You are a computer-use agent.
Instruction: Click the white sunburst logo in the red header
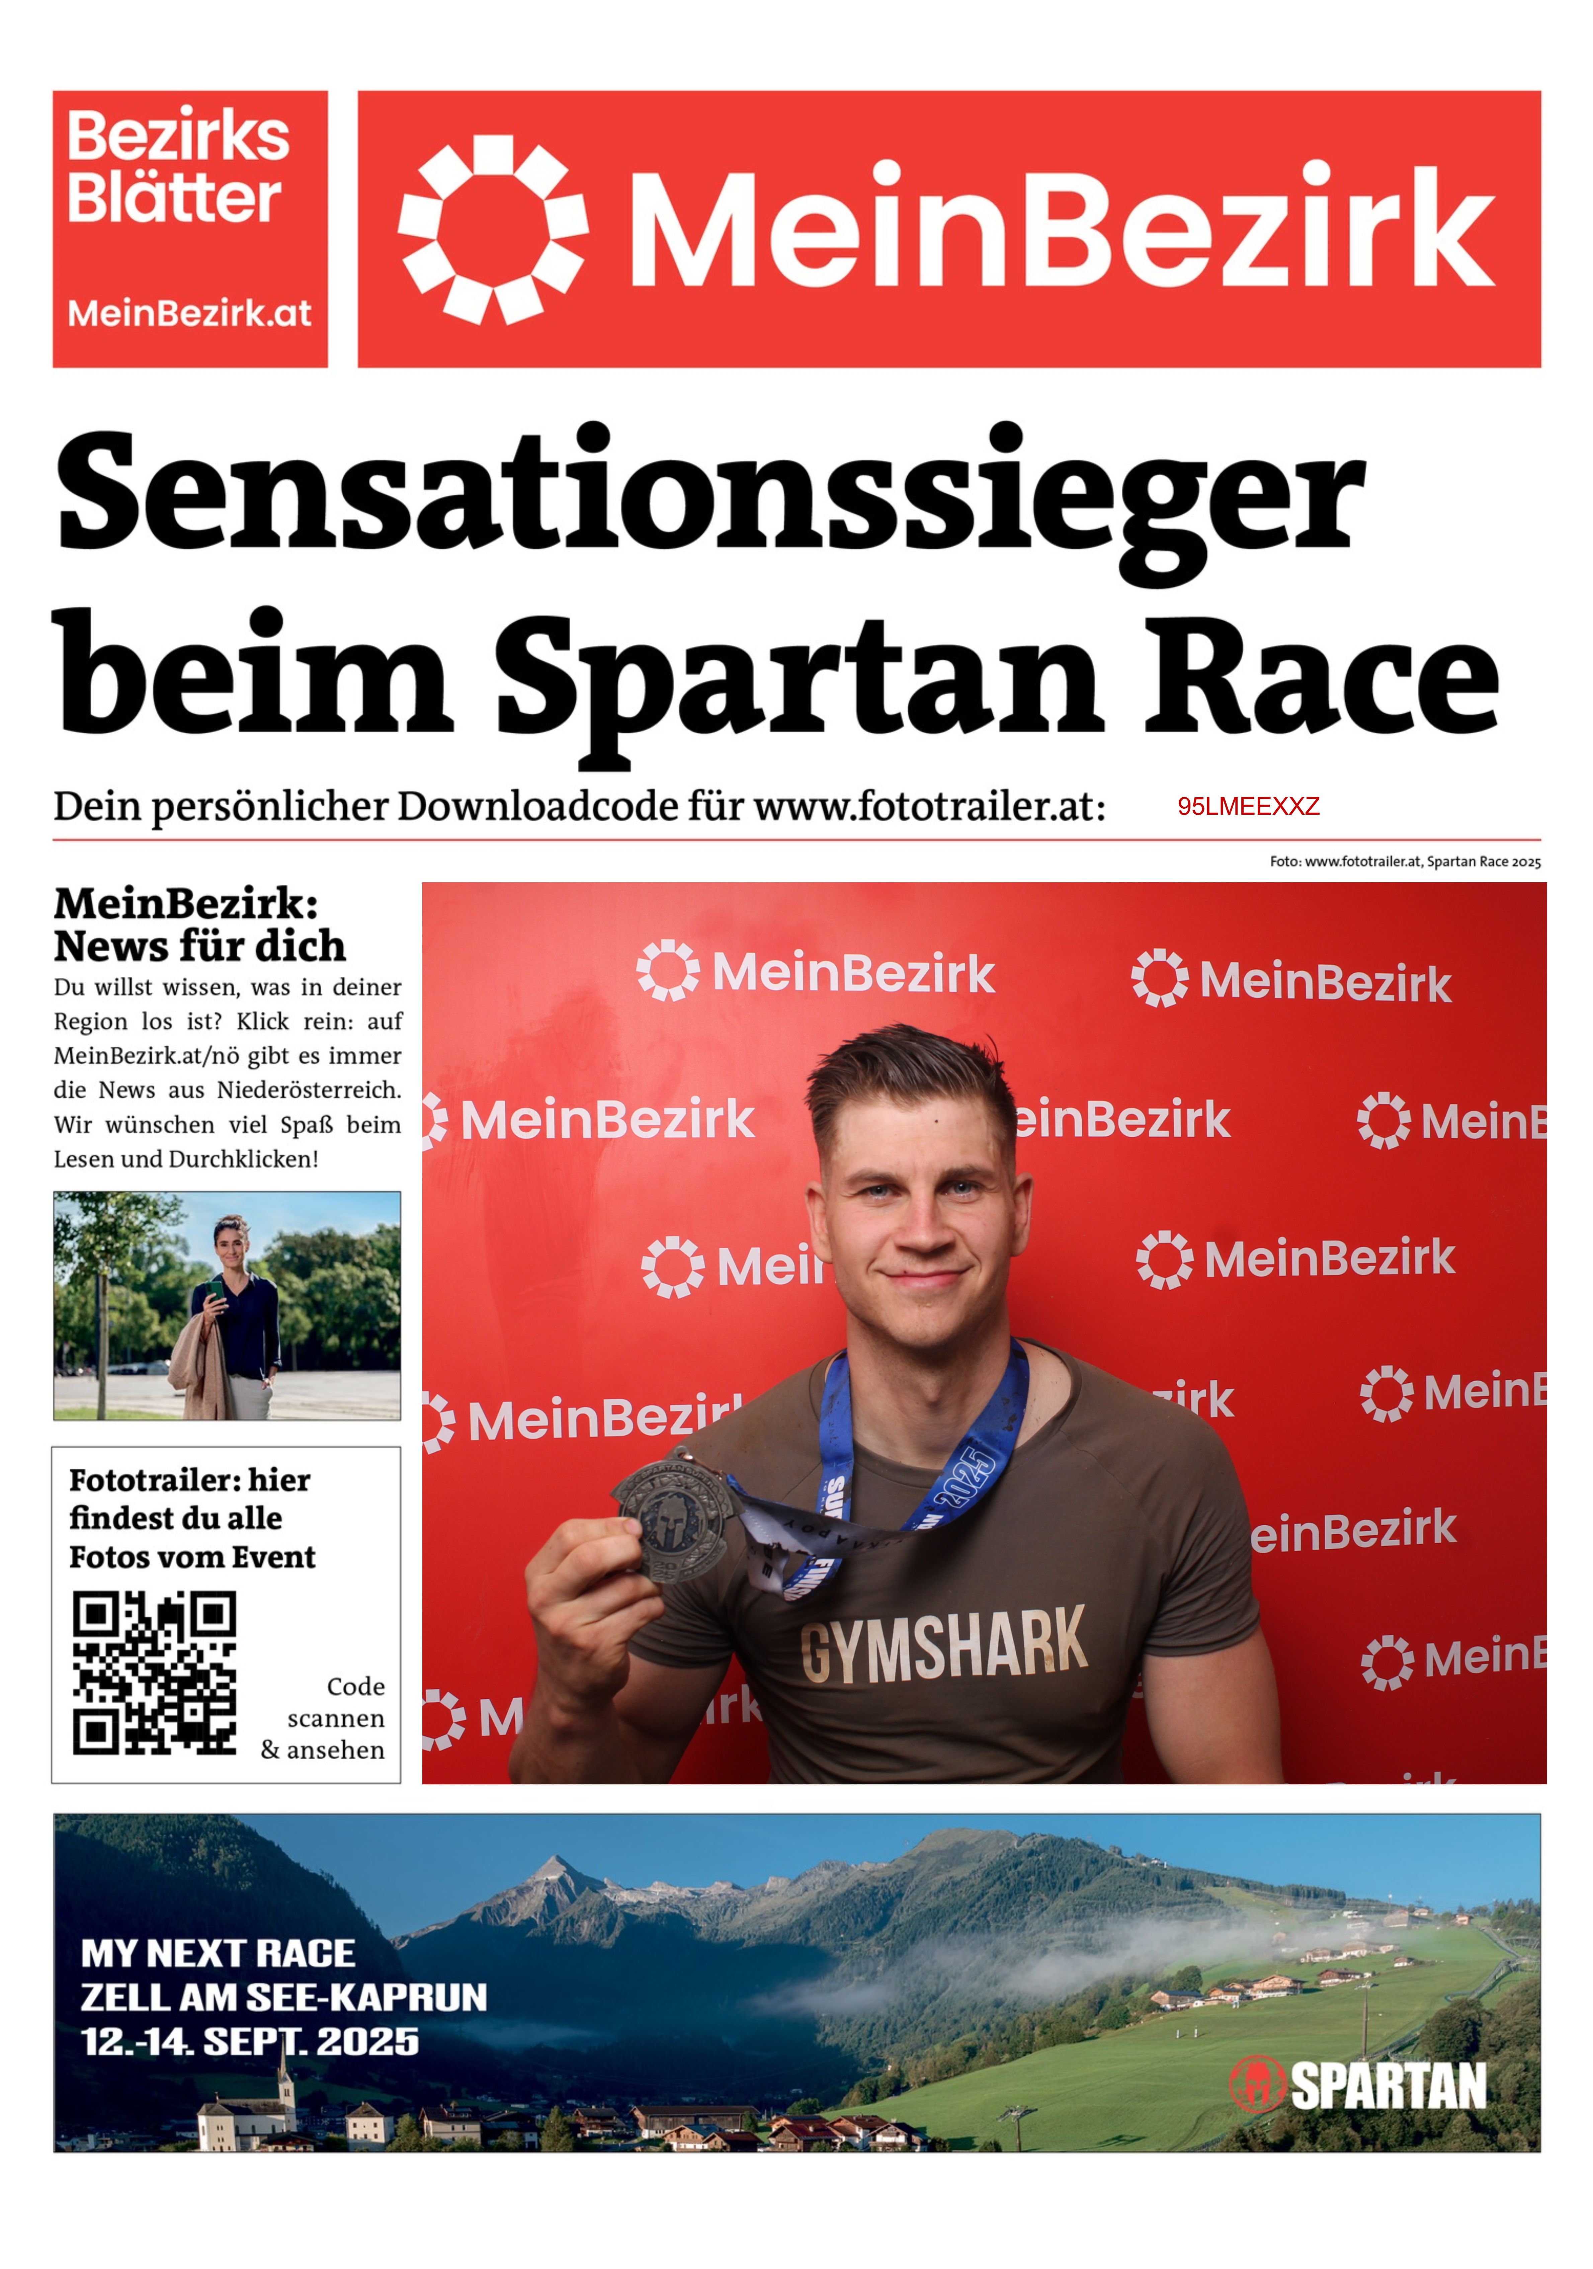[492, 229]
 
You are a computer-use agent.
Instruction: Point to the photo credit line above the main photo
[1404, 862]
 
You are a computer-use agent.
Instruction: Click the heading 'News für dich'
[199, 947]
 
